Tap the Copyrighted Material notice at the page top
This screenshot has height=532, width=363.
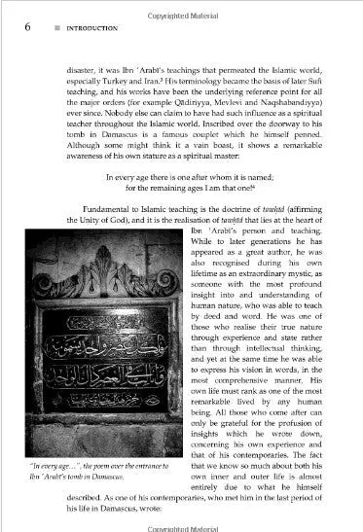click(x=183, y=7)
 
